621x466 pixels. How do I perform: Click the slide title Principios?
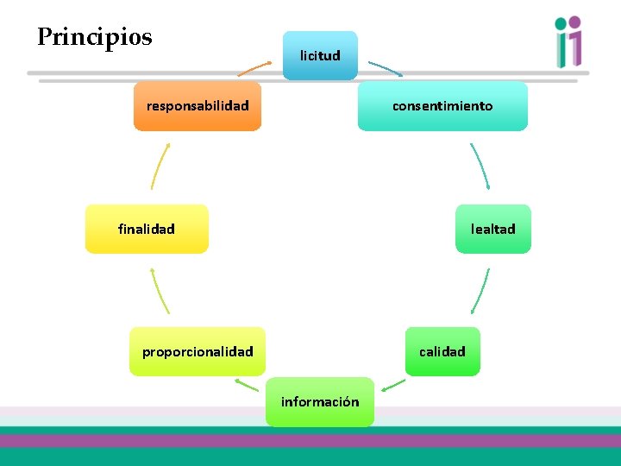[95, 37]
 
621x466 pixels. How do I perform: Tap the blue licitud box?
[320, 55]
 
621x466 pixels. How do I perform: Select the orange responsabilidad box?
[198, 106]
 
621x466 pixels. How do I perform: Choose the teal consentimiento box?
[442, 106]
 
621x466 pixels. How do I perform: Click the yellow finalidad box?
[147, 229]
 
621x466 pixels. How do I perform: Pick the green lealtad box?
[492, 229]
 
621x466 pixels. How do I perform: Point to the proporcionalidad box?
[198, 351]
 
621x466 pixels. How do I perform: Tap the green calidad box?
[442, 351]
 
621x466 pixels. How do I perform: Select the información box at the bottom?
[320, 401]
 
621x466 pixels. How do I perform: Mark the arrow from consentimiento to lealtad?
[480, 165]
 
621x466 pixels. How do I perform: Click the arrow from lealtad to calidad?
[480, 291]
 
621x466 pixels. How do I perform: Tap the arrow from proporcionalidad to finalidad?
[160, 290]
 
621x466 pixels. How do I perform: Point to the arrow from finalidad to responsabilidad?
[160, 166]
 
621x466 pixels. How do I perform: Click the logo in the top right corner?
[568, 41]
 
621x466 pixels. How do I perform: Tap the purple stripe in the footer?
[310, 440]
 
